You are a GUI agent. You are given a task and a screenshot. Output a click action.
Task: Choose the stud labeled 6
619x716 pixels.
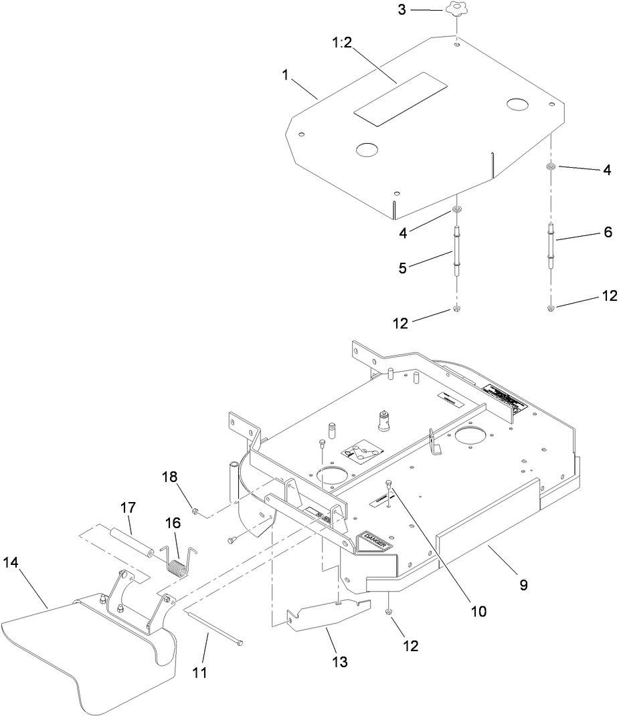click(551, 246)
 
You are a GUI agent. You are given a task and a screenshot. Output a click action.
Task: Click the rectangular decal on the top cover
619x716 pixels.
click(400, 98)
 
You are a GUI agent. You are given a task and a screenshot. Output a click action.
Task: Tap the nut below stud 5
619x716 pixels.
click(456, 309)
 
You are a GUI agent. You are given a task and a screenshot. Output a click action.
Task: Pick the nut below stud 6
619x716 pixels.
click(551, 308)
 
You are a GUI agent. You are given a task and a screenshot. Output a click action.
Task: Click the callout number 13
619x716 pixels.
click(340, 661)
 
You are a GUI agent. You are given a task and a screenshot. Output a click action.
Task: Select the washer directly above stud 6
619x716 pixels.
click(550, 166)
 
